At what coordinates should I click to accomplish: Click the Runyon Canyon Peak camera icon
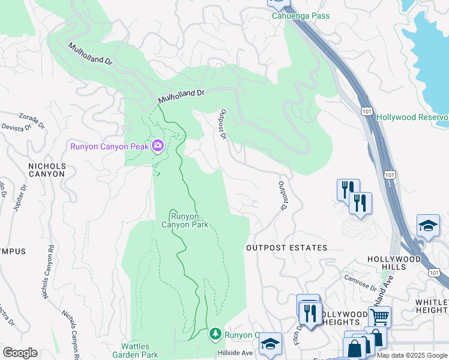pos(158,145)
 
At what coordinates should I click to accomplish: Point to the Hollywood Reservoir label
pos(413,116)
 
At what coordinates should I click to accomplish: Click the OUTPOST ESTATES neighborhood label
pos(287,248)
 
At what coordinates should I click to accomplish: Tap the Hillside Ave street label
pos(238,353)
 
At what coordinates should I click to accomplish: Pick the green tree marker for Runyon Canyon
pos(215,334)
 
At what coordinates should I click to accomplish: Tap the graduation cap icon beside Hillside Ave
pos(271,343)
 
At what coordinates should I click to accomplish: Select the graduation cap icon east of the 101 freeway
pos(428,226)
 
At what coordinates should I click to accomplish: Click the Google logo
pos(20,353)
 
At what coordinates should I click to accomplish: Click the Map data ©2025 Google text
pos(412,356)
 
